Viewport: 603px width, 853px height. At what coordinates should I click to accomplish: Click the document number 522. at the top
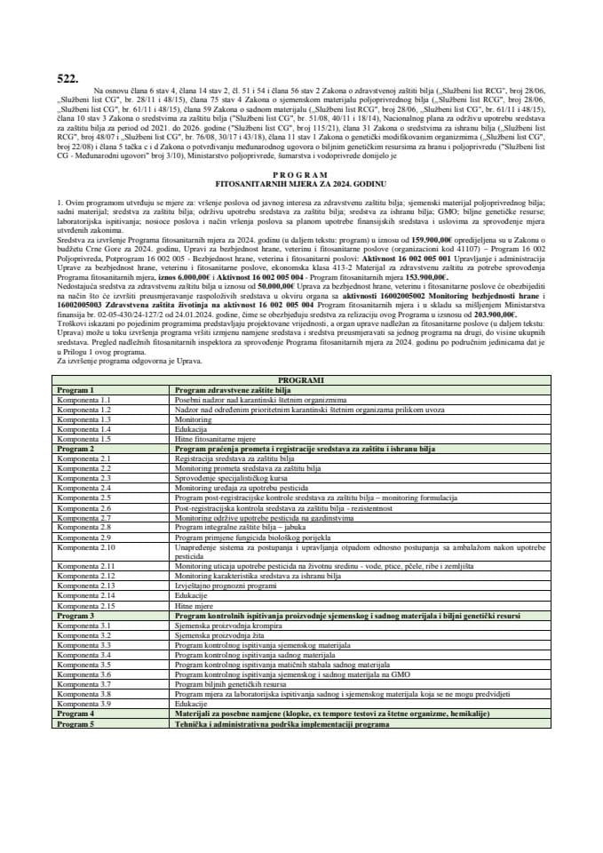[x=67, y=79]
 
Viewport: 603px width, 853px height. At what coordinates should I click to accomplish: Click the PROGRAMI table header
[x=301, y=380]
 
